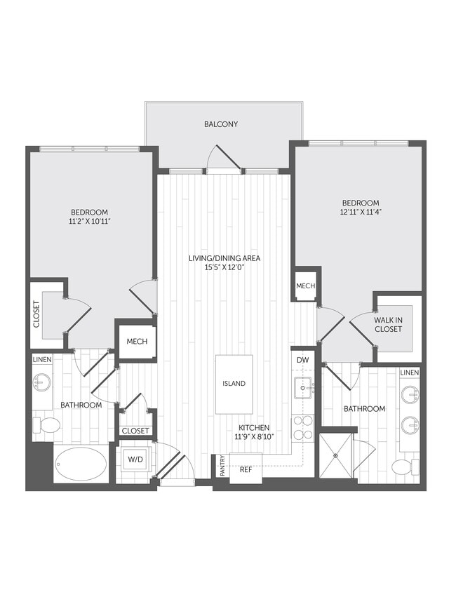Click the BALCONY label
(221, 124)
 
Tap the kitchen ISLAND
(234, 384)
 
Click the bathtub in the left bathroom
(81, 464)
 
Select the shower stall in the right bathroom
(336, 456)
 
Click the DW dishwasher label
(302, 360)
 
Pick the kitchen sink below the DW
(303, 386)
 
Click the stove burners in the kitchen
(302, 428)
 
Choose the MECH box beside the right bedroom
(306, 286)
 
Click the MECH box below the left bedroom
(136, 342)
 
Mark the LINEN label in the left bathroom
(42, 360)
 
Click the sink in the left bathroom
(41, 383)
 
